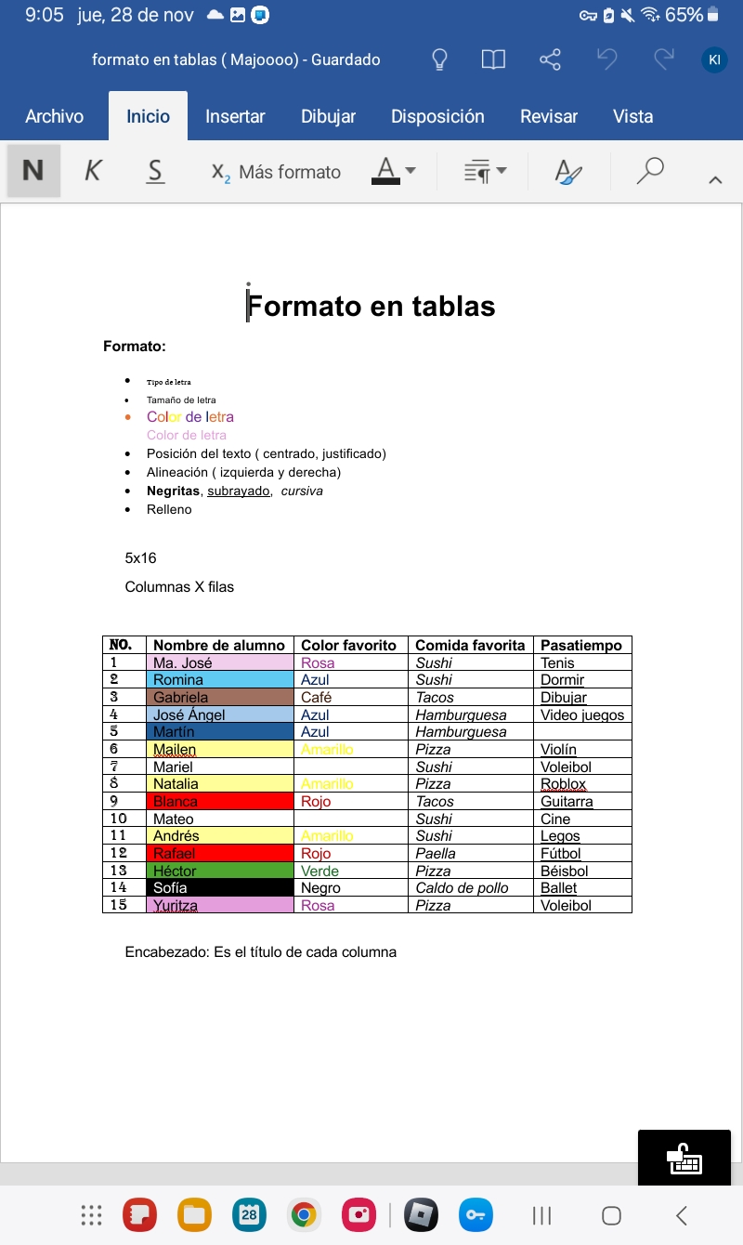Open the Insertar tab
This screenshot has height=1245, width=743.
point(235,116)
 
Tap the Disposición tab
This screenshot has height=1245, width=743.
point(437,116)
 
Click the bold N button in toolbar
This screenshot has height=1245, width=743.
point(33,171)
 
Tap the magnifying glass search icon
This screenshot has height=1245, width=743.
point(650,171)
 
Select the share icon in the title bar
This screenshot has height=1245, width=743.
point(550,60)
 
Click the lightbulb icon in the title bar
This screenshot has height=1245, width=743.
point(440,60)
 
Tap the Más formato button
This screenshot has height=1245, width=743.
point(277,172)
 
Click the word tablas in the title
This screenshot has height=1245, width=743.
point(449,306)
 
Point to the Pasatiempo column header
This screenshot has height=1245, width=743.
point(581,645)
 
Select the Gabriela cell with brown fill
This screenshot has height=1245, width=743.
point(181,697)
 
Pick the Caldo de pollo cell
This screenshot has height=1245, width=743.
point(463,887)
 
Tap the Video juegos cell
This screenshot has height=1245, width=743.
point(582,714)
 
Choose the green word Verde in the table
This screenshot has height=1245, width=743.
point(319,871)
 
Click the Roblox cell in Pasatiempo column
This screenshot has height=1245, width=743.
point(563,784)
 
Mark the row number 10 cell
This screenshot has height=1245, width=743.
point(119,819)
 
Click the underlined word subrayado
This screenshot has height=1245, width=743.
point(238,491)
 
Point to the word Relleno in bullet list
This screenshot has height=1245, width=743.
point(169,509)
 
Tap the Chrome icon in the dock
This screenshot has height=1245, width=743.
point(303,1214)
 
